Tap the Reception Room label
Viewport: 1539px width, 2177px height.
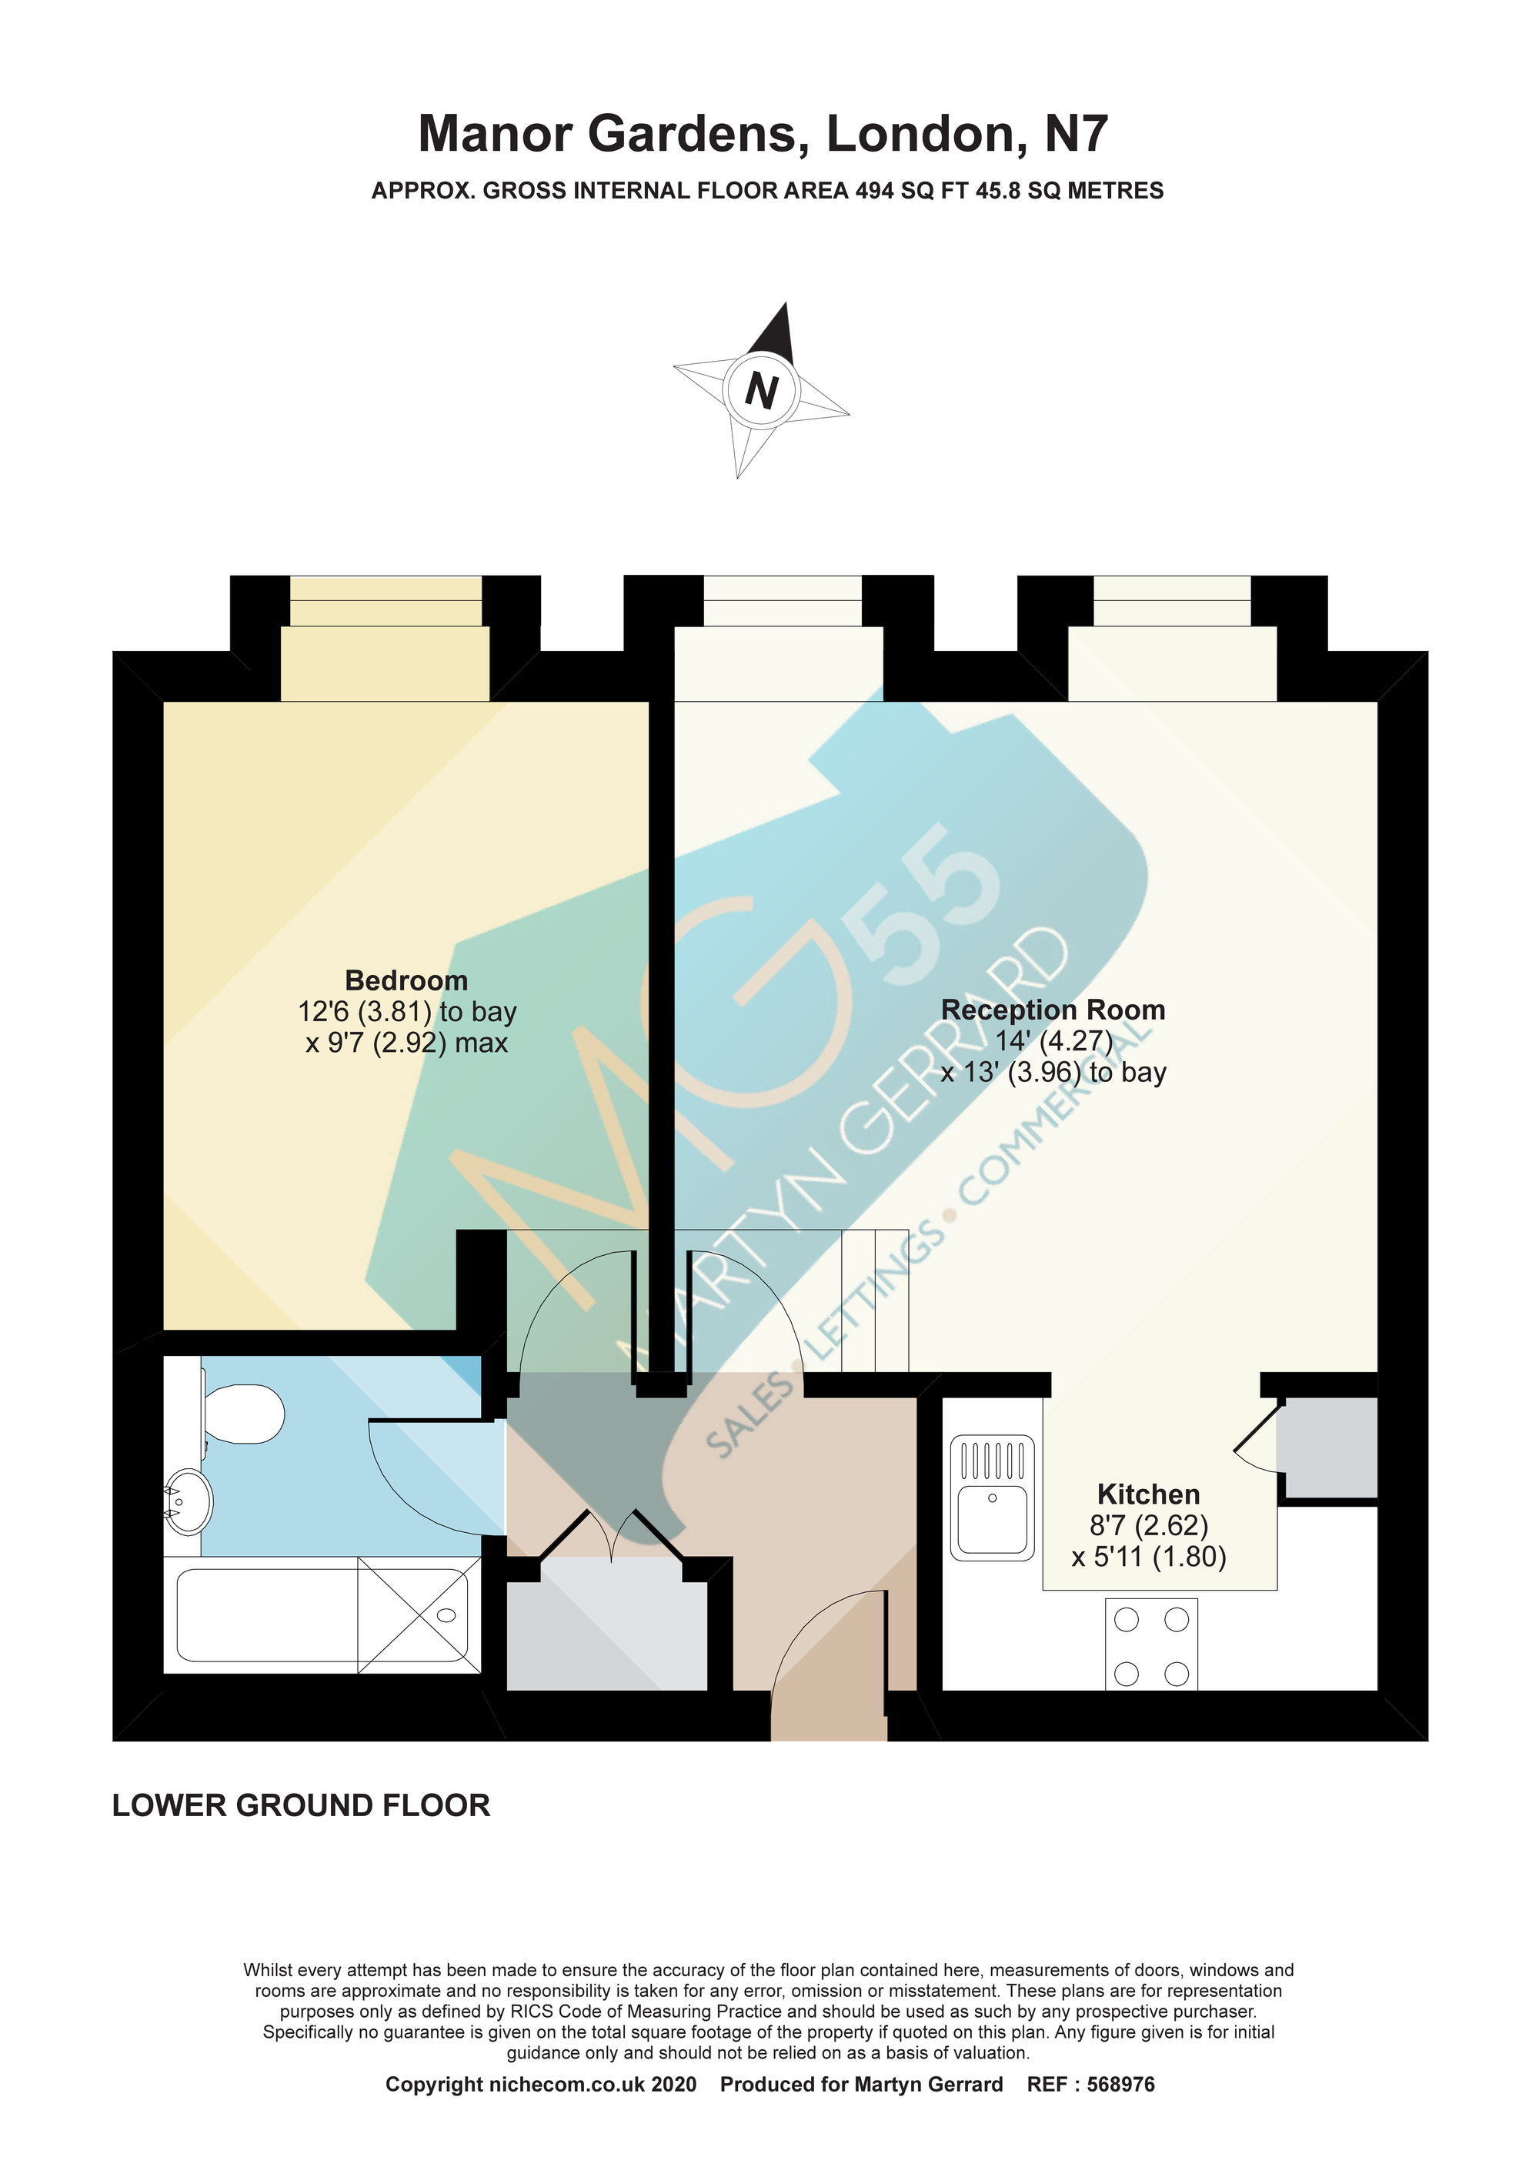tap(1053, 1010)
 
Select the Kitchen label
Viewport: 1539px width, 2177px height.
tap(1148, 1494)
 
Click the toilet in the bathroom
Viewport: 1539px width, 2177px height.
tap(242, 1414)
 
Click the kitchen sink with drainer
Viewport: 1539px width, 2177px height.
tap(992, 1498)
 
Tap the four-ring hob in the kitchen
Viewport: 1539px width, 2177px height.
tap(1151, 1644)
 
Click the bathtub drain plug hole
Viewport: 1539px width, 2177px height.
tap(446, 1616)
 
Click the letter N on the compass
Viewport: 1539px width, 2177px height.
tap(762, 389)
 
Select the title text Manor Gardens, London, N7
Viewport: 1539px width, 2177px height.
tap(763, 134)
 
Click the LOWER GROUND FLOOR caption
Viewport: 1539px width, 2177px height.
tap(302, 1805)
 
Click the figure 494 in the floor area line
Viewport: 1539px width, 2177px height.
tap(874, 191)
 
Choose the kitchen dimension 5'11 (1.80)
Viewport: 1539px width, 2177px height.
tap(1148, 1557)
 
